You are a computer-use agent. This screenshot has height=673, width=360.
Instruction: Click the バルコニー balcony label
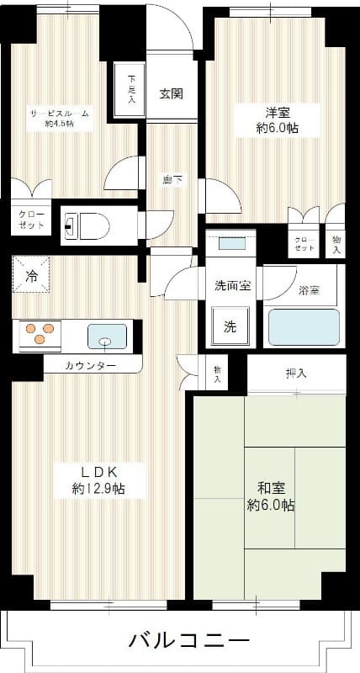click(188, 640)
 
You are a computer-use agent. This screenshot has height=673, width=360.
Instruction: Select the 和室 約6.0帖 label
click(270, 495)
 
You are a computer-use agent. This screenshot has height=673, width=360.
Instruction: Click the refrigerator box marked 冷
click(31, 275)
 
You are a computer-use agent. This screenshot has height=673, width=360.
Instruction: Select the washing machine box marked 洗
click(230, 327)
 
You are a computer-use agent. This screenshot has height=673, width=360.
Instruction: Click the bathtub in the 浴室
click(303, 327)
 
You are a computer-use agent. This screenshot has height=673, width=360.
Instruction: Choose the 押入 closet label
click(295, 374)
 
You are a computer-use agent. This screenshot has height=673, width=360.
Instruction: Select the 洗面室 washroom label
click(231, 285)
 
